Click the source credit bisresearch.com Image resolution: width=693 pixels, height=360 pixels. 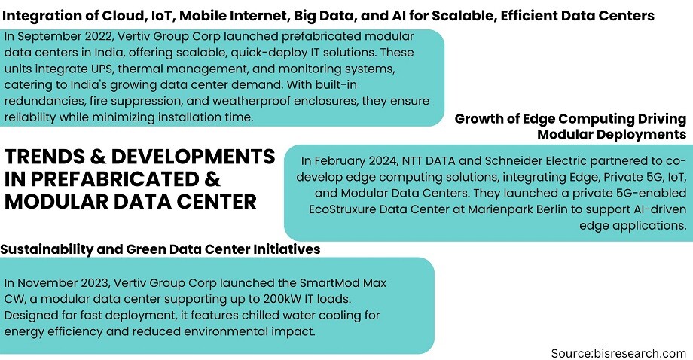click(618, 353)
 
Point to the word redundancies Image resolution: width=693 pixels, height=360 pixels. click(44, 101)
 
